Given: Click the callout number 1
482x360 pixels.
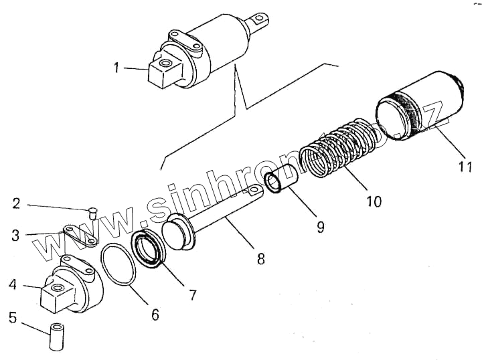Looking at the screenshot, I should point(117,68).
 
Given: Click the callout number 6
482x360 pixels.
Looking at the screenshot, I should point(155,313).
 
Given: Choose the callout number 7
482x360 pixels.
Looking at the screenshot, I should point(192,294).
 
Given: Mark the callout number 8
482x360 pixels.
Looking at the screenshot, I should point(260,258).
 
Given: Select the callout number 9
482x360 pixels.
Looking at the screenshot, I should point(320,227).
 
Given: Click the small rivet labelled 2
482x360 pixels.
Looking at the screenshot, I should point(92,214).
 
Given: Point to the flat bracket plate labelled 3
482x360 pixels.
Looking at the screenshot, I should point(81,236).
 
